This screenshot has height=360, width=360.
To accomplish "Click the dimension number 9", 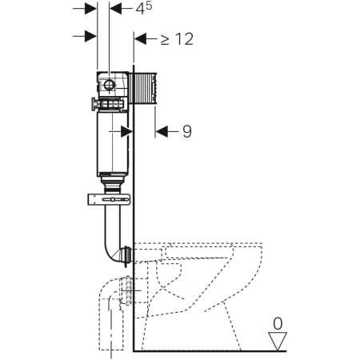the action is pos(187,131).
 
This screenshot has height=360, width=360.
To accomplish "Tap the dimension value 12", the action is pos(184,39).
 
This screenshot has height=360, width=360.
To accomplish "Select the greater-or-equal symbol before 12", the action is pos(165,39).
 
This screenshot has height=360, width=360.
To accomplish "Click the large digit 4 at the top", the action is pos(140,9).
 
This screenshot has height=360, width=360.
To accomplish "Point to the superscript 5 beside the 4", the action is pos(149,6).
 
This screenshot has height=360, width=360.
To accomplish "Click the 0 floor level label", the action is pos(278,324).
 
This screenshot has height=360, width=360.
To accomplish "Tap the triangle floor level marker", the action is pos(278,341).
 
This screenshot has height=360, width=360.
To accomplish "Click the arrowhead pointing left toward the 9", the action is pos(162,131).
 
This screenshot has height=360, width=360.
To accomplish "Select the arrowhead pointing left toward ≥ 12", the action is pos(141,38).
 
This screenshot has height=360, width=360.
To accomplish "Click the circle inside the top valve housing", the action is pos(109,85).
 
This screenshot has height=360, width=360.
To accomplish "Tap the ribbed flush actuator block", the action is pos(142,88).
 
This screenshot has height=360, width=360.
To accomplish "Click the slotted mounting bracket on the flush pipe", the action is pos(109,199).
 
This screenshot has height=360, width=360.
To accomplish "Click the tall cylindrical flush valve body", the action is pos(113,142).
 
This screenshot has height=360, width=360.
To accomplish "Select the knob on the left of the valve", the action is pos(94,104).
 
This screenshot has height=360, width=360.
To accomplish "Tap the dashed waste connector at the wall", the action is pos(126,290).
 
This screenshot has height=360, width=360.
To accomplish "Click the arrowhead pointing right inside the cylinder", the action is pos(126,131).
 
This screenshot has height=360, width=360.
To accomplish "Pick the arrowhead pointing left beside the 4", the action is pos(116,9).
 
